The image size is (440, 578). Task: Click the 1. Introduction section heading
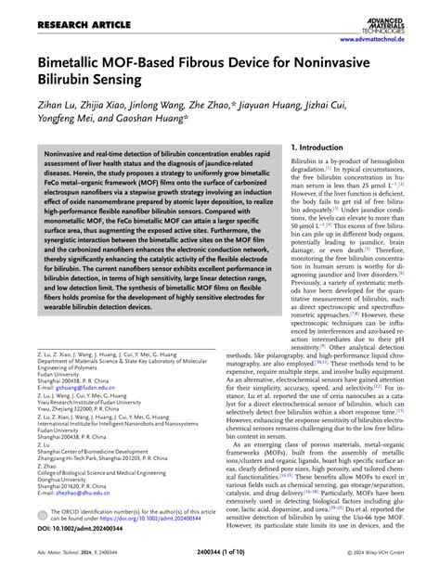[x=320, y=148]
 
